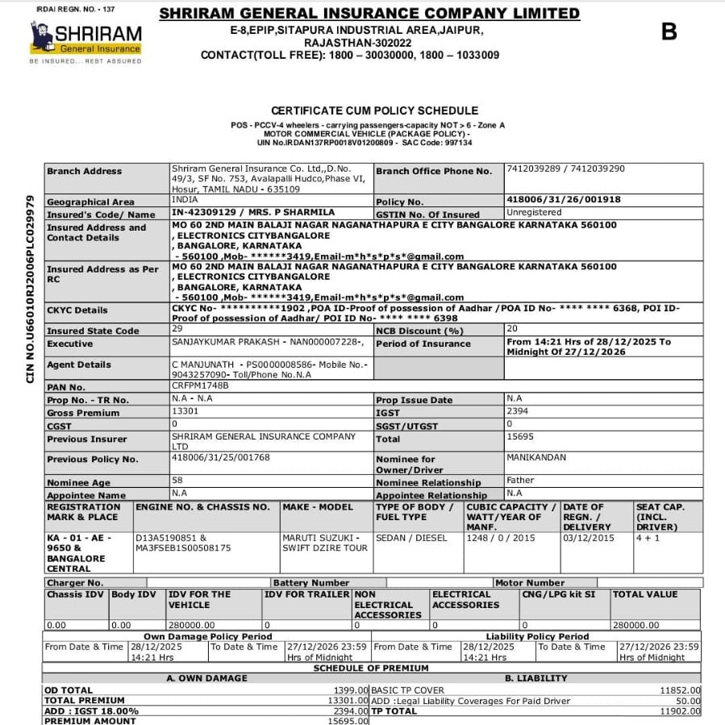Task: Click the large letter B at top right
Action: point(669,31)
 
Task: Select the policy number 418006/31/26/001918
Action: point(563,200)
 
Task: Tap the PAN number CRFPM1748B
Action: point(200,385)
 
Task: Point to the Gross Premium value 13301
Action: point(185,411)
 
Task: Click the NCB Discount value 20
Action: point(512,329)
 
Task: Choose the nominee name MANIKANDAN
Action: point(536,457)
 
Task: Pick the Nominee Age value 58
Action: point(177,481)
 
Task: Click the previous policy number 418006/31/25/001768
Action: point(220,457)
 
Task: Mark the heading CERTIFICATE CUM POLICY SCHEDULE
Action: point(374,110)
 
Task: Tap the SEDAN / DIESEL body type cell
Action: point(411,538)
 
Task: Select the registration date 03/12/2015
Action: point(588,538)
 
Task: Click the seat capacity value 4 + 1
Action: point(648,538)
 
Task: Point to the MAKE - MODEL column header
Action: point(318,507)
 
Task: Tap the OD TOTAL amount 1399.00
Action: point(351,690)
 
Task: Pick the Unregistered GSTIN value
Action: point(534,212)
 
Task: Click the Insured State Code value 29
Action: point(177,329)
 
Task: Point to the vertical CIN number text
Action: point(30,288)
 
